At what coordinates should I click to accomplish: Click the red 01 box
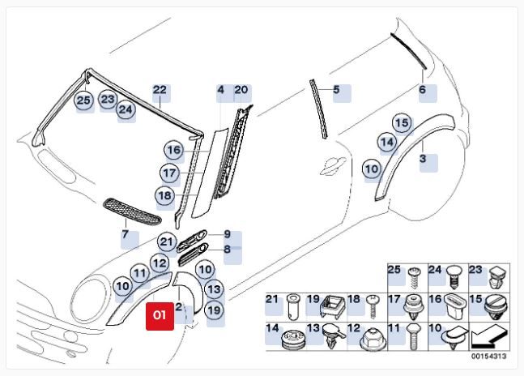click(x=160, y=316)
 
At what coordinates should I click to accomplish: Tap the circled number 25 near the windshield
click(x=84, y=100)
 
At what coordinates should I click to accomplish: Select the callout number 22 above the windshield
click(x=160, y=90)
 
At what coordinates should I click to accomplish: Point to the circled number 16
click(x=174, y=150)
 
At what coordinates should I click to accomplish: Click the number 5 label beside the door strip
click(x=336, y=89)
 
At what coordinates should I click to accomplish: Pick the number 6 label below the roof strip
click(x=423, y=90)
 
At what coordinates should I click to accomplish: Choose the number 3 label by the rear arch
click(x=423, y=158)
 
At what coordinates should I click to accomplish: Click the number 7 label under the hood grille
click(x=125, y=234)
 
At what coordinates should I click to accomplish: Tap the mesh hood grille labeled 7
click(x=132, y=211)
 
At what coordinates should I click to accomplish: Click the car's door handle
click(x=333, y=166)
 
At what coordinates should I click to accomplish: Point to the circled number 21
click(x=166, y=241)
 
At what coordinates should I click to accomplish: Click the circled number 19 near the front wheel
click(x=214, y=310)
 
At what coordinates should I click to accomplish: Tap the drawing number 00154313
click(x=489, y=357)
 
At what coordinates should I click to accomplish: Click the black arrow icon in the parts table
click(x=489, y=336)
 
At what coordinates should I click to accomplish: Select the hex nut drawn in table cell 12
click(x=373, y=338)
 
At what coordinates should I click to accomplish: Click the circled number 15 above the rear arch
click(x=402, y=123)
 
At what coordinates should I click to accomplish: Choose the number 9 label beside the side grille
click(x=228, y=234)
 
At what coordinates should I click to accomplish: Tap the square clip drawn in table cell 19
click(x=332, y=305)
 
